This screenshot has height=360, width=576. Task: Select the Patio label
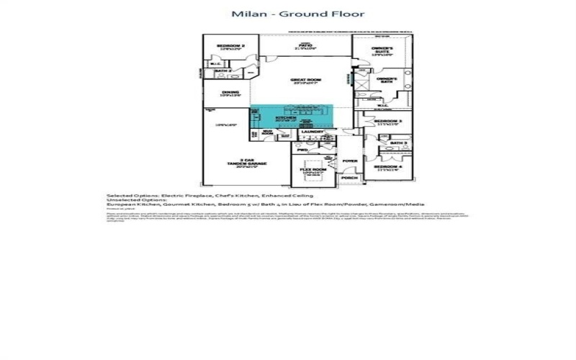point(304,45)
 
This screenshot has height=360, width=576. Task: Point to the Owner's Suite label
point(382,50)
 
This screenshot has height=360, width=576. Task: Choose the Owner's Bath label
point(387,79)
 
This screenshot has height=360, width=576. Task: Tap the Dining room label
point(230,92)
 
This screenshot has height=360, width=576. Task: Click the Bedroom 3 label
point(388,121)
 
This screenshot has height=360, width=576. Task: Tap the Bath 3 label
point(399,143)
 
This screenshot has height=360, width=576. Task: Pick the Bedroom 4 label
point(388,167)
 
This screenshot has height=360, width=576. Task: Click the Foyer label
point(350,161)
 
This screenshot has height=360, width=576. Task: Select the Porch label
point(349,177)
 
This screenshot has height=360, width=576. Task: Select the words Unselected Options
point(136,200)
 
